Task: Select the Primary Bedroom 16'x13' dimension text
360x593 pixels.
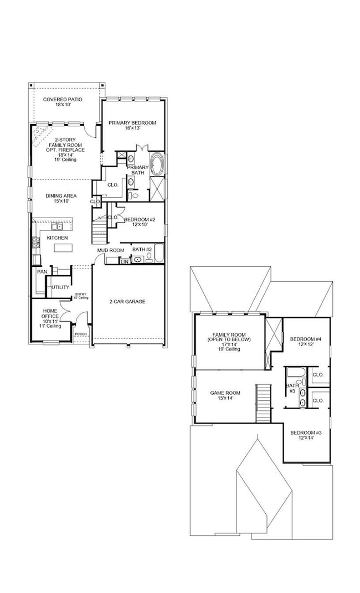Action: (x=132, y=128)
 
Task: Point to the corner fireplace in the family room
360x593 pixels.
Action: (x=40, y=133)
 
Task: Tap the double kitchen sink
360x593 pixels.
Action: (x=57, y=226)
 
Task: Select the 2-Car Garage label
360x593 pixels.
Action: (x=127, y=302)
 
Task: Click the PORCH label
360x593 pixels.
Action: (x=81, y=334)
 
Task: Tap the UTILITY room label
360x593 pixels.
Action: (x=60, y=287)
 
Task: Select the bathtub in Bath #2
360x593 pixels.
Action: (x=159, y=254)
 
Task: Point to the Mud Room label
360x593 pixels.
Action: (x=110, y=250)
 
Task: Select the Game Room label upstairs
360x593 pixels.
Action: (x=224, y=393)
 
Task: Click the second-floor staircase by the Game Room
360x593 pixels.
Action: (x=262, y=404)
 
